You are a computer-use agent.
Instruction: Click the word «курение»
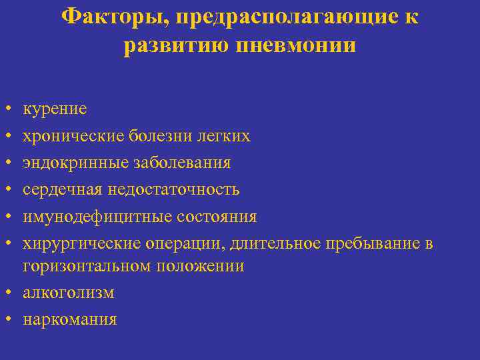pyautogui.click(x=55, y=109)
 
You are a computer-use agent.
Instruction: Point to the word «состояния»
pyautogui.click(x=217, y=217)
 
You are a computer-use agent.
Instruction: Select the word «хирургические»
pyautogui.click(x=82, y=244)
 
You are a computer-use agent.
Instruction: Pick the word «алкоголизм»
pyautogui.click(x=69, y=293)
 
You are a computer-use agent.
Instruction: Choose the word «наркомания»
pyautogui.click(x=70, y=319)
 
